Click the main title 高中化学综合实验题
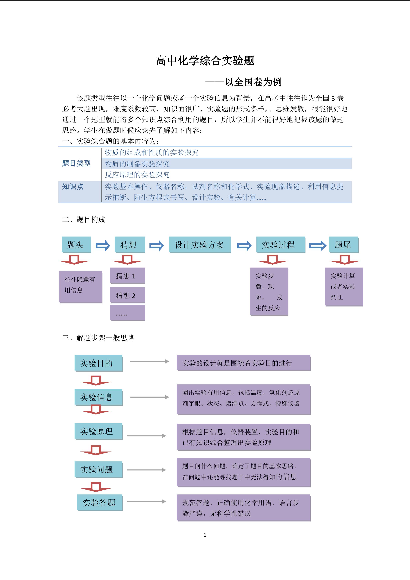205,61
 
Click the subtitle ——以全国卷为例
243,82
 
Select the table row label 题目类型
76,163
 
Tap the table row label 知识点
73,187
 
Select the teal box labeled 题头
76,245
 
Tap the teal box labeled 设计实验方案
200,245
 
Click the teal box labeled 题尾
344,245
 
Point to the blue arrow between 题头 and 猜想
103,245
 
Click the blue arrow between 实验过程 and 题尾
318,245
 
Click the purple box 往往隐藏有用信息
81,287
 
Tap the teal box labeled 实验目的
98,363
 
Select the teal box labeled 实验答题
100,502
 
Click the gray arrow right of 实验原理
146,436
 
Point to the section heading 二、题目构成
84,219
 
